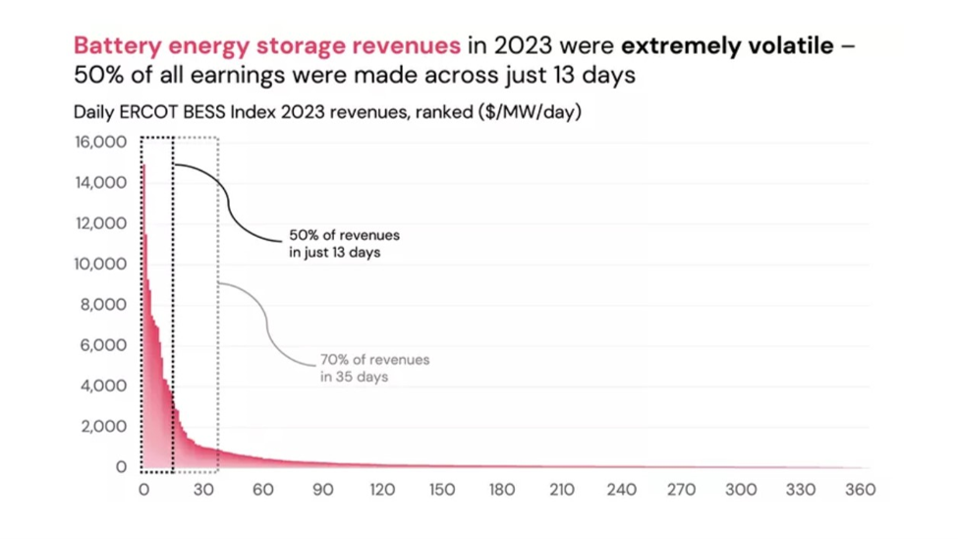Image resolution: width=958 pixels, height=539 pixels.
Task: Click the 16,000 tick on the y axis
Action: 101,142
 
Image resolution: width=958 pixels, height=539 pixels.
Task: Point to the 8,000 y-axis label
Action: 104,305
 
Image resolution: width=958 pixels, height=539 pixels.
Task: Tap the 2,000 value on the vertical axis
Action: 104,427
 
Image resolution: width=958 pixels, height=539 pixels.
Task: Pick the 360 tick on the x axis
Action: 860,490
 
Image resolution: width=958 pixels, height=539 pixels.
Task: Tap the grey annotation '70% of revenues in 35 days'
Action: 374,368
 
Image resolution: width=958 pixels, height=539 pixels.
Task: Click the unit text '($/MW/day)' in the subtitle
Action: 530,111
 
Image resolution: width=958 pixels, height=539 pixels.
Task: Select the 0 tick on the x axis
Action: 143,490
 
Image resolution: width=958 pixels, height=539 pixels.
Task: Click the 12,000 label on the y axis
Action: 101,223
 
